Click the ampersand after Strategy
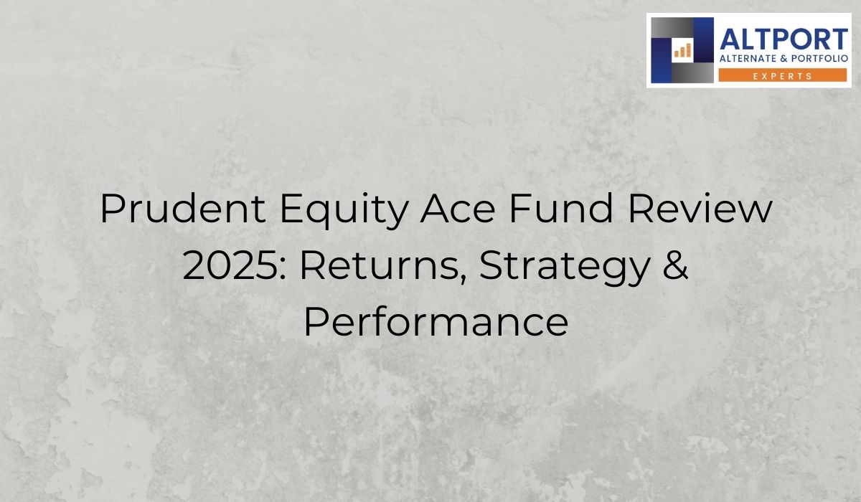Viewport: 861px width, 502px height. (674, 267)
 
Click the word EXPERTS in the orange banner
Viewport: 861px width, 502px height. (783, 75)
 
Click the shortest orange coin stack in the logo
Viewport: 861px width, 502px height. (676, 53)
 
